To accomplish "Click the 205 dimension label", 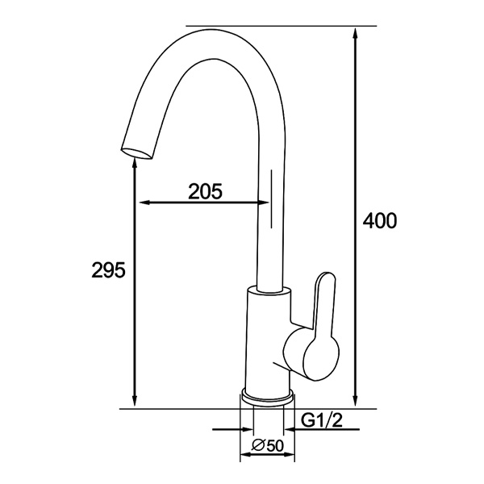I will (x=205, y=191).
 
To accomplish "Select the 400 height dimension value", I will (x=380, y=221).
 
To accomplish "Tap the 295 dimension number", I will (x=108, y=270).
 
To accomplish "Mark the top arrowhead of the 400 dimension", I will (x=356, y=32).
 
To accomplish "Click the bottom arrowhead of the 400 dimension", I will (x=356, y=403).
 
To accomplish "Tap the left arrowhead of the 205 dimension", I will (x=144, y=202).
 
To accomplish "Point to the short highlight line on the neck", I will (x=271, y=197).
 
